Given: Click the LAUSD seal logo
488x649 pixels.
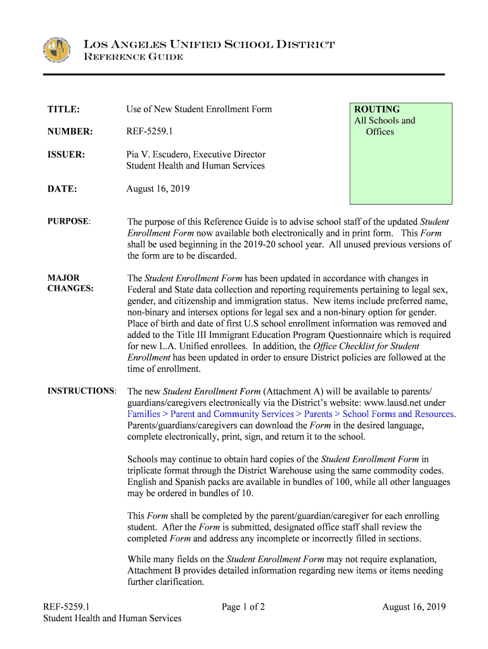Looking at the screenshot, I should tap(56, 51).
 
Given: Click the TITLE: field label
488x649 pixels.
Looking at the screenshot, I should tap(63, 109).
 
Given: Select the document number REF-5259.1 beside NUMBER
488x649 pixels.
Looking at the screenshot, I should tap(149, 132).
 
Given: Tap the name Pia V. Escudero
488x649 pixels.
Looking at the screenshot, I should tap(158, 155).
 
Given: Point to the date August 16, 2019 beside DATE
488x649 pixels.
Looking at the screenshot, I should tap(158, 189).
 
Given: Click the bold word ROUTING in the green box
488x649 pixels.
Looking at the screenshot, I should tap(377, 110).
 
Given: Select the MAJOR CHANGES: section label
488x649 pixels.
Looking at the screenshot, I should tap(70, 283).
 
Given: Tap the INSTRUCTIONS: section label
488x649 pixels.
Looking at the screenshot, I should tap(82, 391).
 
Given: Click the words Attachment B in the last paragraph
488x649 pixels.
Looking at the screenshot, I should tap(155, 571).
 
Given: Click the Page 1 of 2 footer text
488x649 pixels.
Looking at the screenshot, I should tap(243, 607).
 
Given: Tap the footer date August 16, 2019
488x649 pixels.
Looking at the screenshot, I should tap(414, 607).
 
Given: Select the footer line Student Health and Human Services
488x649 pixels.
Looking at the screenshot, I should tap(112, 619).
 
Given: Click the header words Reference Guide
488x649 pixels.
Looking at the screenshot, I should tap(134, 58).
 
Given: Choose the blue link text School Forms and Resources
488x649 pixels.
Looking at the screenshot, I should tap(399, 414).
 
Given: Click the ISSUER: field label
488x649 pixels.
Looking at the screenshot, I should tap(66, 155).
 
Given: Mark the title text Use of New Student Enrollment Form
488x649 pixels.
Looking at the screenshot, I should tap(199, 109).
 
